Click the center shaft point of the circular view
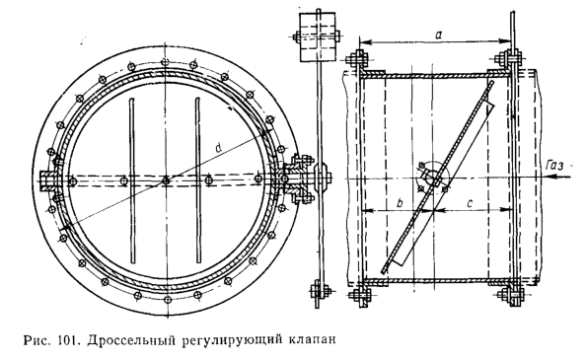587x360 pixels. pyautogui.click(x=166, y=179)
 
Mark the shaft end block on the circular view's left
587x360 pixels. pyautogui.click(x=48, y=180)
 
